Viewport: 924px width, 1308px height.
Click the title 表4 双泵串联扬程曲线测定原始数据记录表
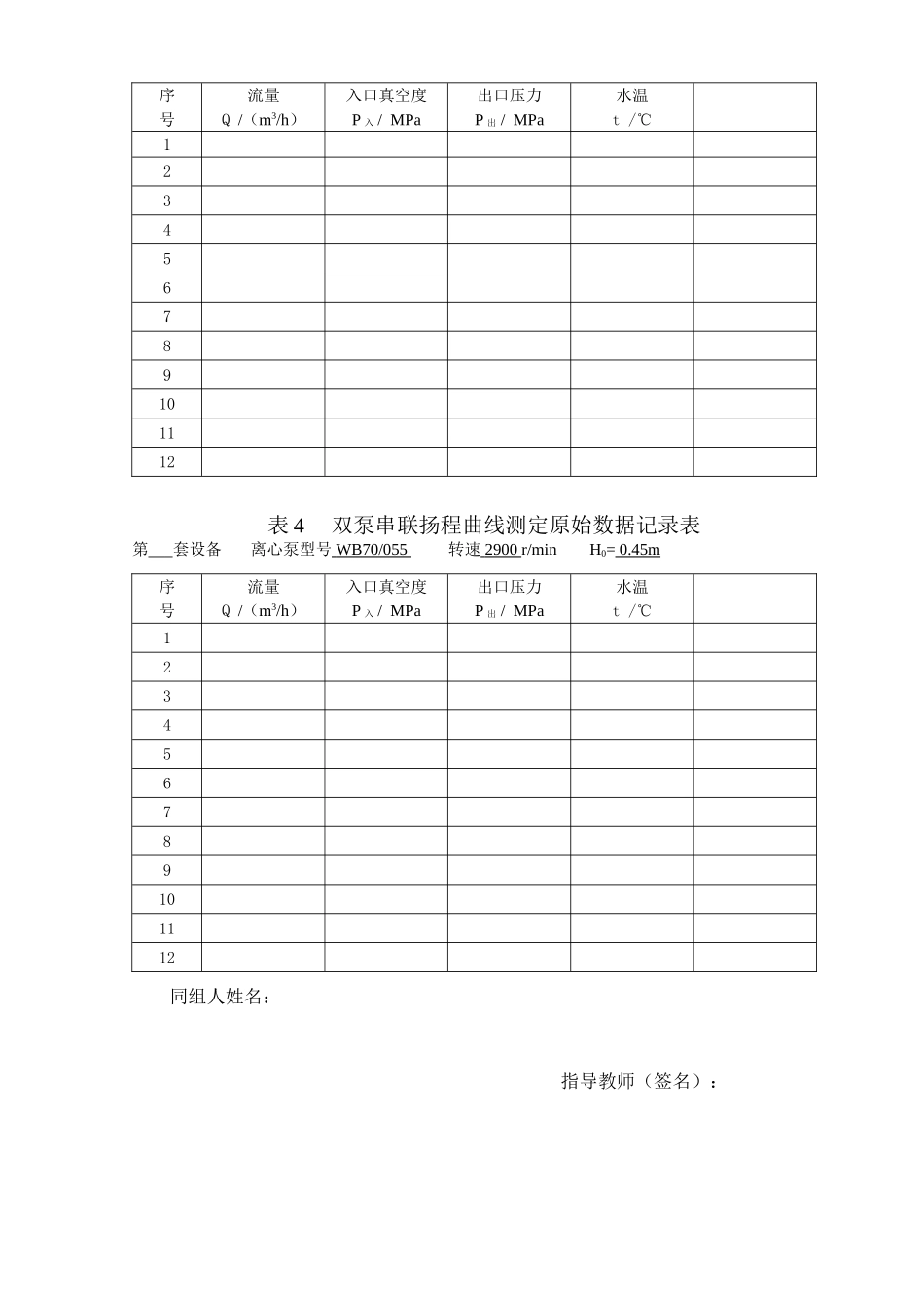point(483,525)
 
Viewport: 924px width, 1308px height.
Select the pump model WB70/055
point(371,550)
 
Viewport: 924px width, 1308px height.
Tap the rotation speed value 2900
point(500,550)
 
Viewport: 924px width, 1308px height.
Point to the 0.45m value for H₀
point(639,550)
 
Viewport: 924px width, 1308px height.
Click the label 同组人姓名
point(220,997)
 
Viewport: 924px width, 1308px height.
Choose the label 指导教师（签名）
point(638,1081)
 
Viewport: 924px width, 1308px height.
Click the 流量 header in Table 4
point(263,587)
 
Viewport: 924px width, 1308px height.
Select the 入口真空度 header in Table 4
point(386,587)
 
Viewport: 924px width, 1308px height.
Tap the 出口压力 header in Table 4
point(509,587)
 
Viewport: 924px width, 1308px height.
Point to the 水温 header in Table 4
point(631,587)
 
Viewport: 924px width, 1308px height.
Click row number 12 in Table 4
point(166,958)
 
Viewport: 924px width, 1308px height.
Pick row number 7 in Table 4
point(166,813)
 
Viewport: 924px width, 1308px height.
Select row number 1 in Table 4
point(166,638)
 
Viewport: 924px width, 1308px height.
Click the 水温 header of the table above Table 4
point(631,95)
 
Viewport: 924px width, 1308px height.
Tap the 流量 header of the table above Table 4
point(263,95)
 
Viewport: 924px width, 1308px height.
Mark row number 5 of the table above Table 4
point(166,259)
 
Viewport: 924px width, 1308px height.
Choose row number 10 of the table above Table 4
point(166,404)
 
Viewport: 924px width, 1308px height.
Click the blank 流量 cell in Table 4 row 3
point(263,696)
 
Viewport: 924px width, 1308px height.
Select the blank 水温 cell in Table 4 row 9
point(631,870)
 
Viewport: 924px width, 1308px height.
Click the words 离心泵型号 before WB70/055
point(291,550)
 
